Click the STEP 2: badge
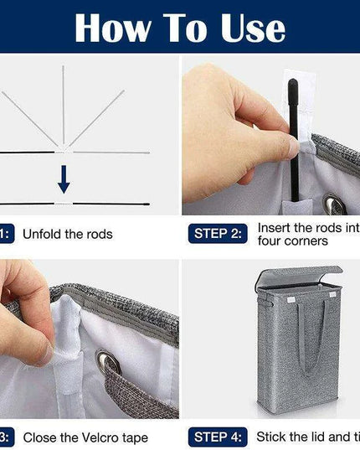coord(218,234)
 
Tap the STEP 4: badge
coord(218,436)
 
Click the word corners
coord(306,241)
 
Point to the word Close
coord(40,437)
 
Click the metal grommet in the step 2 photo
coord(334,204)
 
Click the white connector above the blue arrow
coord(63,152)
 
